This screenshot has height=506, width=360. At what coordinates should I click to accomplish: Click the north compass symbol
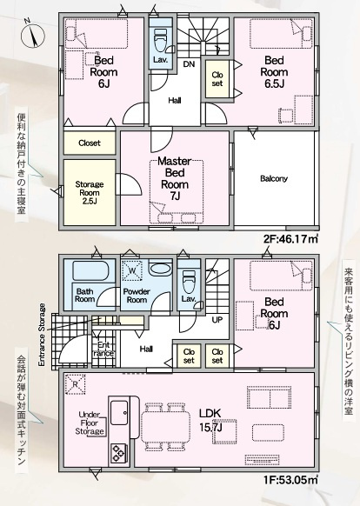33,35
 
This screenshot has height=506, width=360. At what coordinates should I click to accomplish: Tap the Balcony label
274,178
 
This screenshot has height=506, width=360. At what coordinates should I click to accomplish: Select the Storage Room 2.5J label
90,193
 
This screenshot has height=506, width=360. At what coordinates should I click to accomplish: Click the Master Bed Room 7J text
175,178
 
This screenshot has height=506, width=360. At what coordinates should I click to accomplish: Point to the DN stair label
189,64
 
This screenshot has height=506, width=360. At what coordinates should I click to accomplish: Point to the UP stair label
217,320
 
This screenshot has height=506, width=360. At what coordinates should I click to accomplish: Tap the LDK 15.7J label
210,420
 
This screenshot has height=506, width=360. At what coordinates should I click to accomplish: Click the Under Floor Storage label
90,423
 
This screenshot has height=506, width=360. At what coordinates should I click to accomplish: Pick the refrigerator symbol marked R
76,384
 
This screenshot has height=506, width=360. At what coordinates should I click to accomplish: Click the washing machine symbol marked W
132,270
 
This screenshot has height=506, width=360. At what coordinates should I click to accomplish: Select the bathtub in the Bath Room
90,270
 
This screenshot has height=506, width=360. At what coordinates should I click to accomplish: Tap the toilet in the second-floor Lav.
160,40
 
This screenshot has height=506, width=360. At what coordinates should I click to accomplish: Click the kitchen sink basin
119,413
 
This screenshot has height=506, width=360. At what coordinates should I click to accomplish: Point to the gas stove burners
118,453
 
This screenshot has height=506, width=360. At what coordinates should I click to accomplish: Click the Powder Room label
137,296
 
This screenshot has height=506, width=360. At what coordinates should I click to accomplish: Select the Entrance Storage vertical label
42,335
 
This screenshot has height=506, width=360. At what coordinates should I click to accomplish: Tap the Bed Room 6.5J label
274,72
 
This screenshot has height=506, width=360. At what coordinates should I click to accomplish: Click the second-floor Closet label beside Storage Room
90,143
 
